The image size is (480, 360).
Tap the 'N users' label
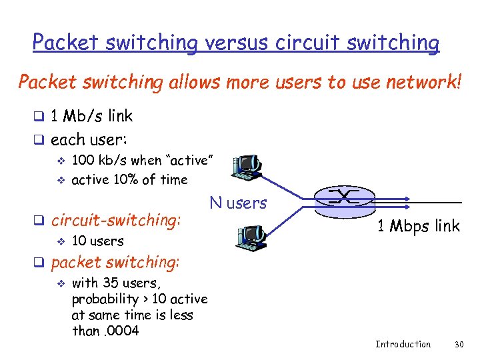click(238, 203)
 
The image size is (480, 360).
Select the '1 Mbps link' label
click(418, 226)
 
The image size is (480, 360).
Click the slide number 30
click(458, 344)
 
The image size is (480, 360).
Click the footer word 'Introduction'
click(403, 344)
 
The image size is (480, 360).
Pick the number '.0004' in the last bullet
click(118, 331)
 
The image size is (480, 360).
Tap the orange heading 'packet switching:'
click(115, 262)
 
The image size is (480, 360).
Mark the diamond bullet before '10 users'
click(61, 241)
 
